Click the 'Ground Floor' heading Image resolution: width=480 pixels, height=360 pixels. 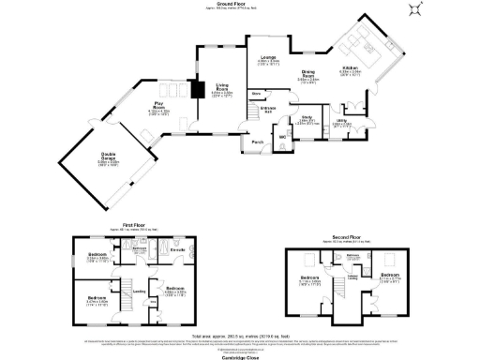point(239,4)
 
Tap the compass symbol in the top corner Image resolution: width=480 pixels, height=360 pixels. point(416,10)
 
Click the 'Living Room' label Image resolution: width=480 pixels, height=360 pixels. point(222,89)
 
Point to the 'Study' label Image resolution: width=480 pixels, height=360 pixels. point(306,117)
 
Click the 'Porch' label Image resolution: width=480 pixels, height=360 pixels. point(257,142)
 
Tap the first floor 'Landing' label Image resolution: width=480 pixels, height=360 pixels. point(139,291)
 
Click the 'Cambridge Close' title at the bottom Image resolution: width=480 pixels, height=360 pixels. point(240,356)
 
